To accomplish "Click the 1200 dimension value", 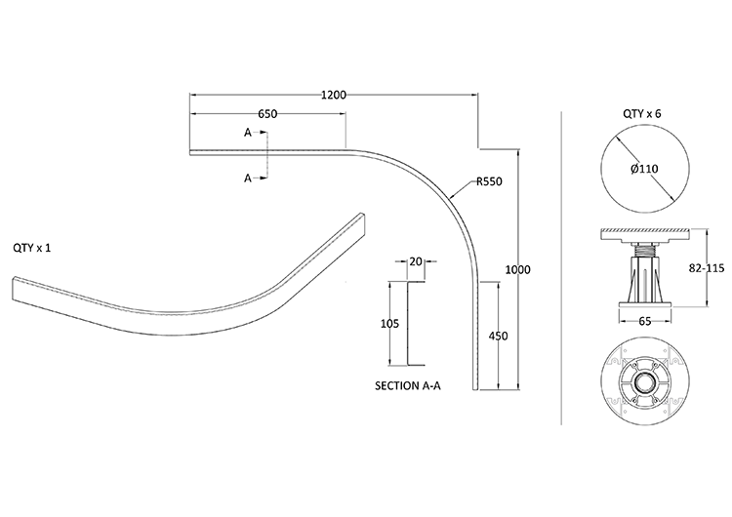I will (334, 95).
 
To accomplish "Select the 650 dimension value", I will (267, 114).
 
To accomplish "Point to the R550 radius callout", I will (489, 181).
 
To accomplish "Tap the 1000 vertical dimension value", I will (517, 269).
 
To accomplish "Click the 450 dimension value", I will (499, 338).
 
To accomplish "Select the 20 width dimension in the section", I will (416, 261).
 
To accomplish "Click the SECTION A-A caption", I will (408, 386).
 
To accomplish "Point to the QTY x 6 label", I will (642, 114).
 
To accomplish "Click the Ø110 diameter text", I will (644, 168).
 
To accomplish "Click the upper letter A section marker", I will (248, 132).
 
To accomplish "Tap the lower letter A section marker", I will (248, 178).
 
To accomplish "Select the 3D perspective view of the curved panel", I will (195, 293).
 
